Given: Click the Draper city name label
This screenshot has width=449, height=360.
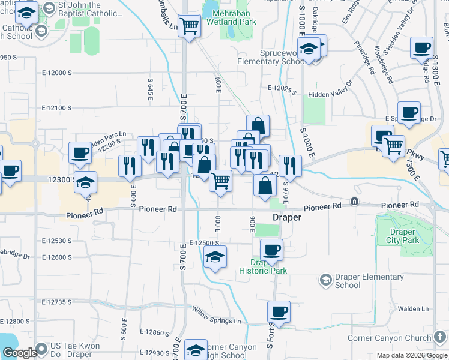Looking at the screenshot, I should point(286,218).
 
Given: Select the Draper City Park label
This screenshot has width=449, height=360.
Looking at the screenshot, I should point(402,236).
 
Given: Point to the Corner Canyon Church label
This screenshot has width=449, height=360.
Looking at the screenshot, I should point(390,338).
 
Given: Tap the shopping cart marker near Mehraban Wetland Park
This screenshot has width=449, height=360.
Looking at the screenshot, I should point(190,26).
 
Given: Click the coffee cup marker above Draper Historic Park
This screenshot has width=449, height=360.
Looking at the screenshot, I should point(271,249).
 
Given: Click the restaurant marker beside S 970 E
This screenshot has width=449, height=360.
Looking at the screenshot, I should point(290,164).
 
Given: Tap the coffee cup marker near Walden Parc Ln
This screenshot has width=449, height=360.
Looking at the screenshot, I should point(80,152).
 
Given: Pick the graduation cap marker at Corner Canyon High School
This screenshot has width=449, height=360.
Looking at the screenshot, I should point(196,349).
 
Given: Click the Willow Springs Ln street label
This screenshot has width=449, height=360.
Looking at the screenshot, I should point(216,316).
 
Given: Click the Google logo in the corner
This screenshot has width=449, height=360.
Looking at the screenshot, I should point(19,353).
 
